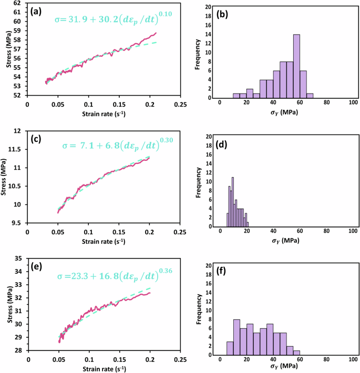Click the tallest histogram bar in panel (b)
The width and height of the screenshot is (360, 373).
296,66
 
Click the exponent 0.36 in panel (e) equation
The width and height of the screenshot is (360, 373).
166,270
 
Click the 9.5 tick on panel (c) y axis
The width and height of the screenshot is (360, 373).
17,223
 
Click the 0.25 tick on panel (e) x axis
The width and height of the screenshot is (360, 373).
180,360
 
